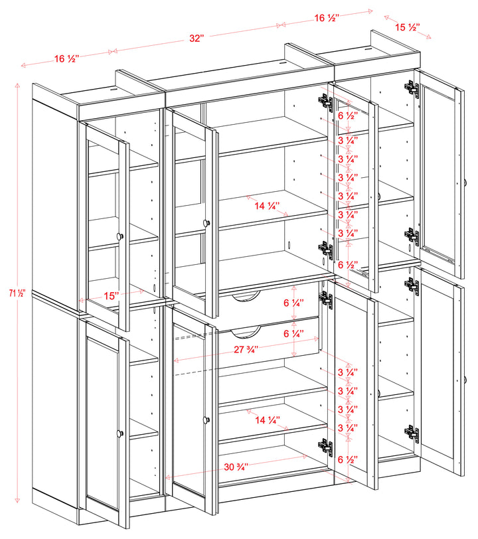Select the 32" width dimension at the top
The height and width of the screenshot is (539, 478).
point(195,38)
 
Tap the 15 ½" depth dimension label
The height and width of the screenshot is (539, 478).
point(406,27)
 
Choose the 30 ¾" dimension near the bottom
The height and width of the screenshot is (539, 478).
point(236,467)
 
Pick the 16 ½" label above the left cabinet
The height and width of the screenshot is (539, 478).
point(66,58)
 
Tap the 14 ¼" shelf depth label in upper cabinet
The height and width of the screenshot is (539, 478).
point(268,206)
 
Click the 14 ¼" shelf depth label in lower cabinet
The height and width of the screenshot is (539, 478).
point(268,420)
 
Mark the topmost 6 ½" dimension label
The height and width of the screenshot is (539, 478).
point(348,115)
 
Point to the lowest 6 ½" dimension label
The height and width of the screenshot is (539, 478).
point(348,459)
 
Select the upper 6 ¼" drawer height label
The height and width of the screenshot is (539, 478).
point(292,303)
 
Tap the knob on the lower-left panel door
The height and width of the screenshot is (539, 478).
point(120,433)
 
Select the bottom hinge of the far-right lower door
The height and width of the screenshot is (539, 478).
point(412,432)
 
